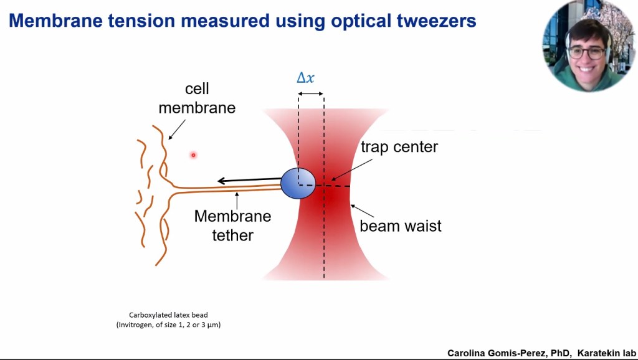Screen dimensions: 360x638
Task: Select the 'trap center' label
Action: pyautogui.click(x=399, y=148)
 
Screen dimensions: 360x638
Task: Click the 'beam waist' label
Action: pyautogui.click(x=401, y=225)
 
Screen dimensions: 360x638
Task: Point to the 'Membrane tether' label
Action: pyautogui.click(x=232, y=225)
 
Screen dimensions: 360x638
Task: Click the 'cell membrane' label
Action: pyautogui.click(x=197, y=99)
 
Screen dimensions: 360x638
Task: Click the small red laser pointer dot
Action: pyautogui.click(x=193, y=154)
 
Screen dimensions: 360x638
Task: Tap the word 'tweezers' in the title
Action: pyautogui.click(x=431, y=21)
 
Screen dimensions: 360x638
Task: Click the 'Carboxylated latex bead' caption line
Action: pyautogui.click(x=168, y=315)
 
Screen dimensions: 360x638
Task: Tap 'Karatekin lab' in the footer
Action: pyautogui.click(x=605, y=353)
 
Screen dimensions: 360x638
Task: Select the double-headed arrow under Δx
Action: pyautogui.click(x=310, y=93)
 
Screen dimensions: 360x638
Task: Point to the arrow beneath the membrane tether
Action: pyautogui.click(x=236, y=200)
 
